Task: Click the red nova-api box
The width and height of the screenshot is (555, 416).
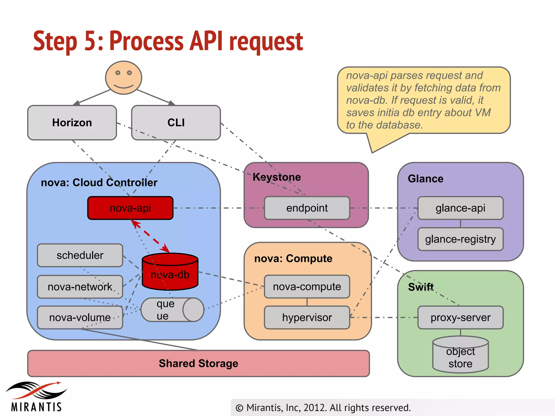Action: (x=130, y=208)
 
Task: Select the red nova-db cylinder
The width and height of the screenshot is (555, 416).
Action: (x=170, y=272)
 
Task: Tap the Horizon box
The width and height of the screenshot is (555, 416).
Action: (x=72, y=123)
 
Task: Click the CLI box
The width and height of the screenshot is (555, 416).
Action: (x=176, y=123)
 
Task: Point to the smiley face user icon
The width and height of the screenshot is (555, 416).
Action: (x=124, y=78)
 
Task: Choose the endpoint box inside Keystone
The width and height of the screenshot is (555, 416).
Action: (x=307, y=208)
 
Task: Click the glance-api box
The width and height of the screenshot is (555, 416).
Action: (x=460, y=208)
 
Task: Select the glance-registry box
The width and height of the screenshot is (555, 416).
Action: (x=460, y=239)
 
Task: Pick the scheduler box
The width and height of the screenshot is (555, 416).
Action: (x=80, y=255)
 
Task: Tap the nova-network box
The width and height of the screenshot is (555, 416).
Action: (x=80, y=287)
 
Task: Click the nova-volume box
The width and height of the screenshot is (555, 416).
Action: (x=80, y=317)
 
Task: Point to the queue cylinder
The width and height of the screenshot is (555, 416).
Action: (x=172, y=310)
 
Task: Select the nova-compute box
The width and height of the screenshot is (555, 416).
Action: (x=307, y=287)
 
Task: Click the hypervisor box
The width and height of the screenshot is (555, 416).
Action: (x=307, y=317)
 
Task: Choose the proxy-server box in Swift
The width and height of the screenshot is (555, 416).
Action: (x=460, y=317)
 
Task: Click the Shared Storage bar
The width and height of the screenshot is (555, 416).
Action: (x=198, y=363)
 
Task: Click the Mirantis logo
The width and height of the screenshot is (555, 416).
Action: (x=36, y=397)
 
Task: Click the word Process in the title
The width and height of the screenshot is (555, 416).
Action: (x=147, y=41)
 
